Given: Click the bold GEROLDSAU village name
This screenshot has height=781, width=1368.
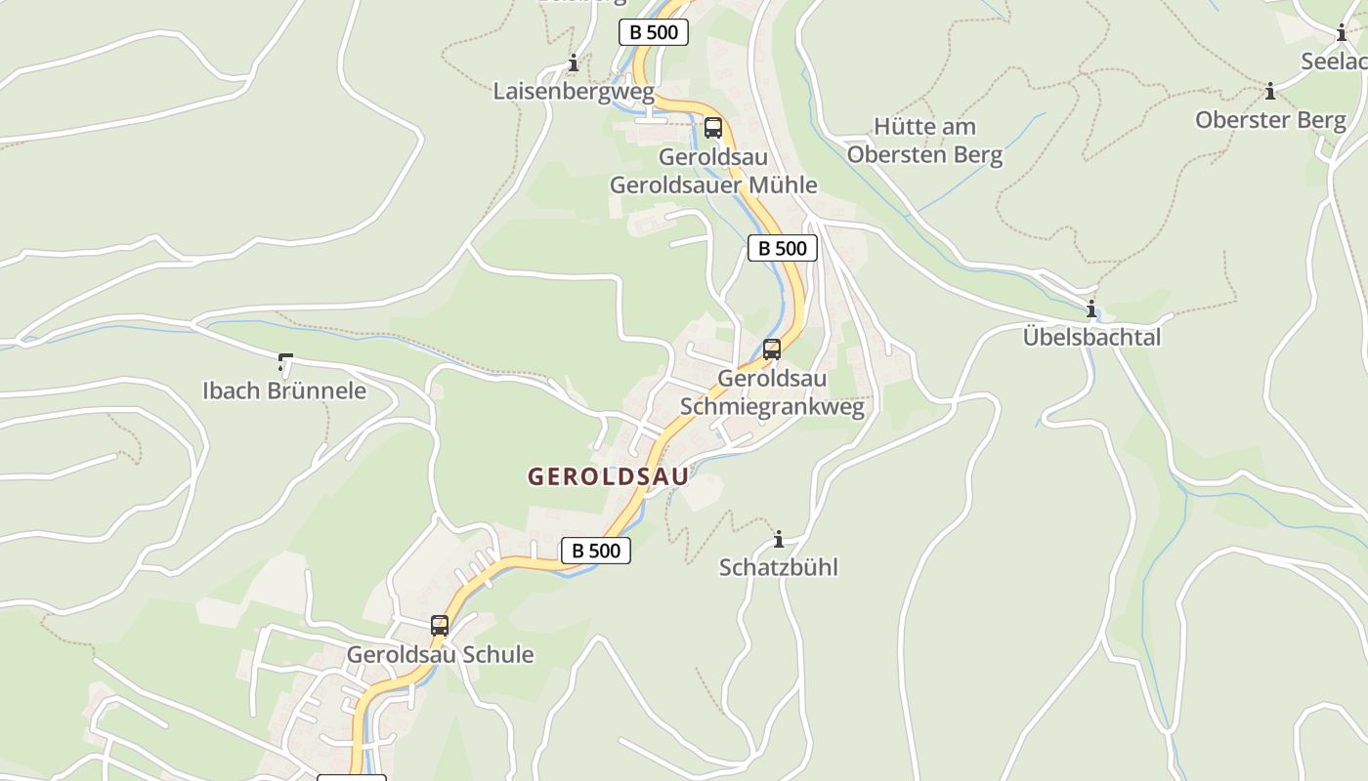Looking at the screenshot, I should [608, 476].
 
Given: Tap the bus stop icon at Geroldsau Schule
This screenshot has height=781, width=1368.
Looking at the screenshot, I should [440, 626].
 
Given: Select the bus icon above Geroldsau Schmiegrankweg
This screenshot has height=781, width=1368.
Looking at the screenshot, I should [772, 349].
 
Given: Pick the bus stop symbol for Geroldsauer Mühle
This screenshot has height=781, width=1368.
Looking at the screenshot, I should [713, 128].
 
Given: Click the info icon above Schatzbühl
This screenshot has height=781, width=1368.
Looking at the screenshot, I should [779, 539].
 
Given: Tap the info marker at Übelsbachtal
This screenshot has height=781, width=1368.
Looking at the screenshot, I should [1091, 309].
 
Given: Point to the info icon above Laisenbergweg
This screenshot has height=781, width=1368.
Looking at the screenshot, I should [574, 63].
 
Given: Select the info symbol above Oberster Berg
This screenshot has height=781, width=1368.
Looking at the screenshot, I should [1270, 92].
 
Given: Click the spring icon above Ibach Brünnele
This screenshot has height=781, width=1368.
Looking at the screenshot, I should [284, 363].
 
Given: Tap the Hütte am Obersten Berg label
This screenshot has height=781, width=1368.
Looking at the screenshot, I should [924, 141].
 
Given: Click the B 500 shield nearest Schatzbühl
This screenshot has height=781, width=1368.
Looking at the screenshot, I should [596, 551].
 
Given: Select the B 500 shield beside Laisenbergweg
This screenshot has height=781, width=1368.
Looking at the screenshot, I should [654, 32].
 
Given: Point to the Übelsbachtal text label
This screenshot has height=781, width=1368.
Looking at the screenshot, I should [1091, 337].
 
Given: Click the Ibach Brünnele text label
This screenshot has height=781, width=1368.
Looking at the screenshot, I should [284, 390].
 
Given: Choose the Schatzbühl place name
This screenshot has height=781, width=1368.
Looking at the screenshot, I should [779, 567].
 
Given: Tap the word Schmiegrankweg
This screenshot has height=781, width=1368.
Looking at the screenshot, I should [772, 406].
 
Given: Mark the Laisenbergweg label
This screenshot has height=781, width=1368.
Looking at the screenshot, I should [574, 92].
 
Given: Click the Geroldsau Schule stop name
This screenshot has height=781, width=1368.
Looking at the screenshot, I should [440, 654].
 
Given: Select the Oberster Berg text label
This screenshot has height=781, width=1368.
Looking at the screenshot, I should [1270, 120].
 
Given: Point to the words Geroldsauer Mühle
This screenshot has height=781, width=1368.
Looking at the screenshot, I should [713, 185].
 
